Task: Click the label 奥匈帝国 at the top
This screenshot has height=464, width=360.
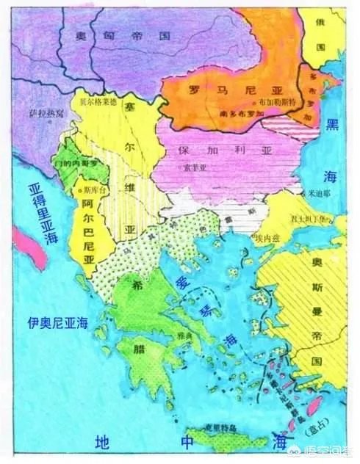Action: pyautogui.click(x=118, y=35)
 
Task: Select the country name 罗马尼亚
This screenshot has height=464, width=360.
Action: pyautogui.click(x=217, y=91)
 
